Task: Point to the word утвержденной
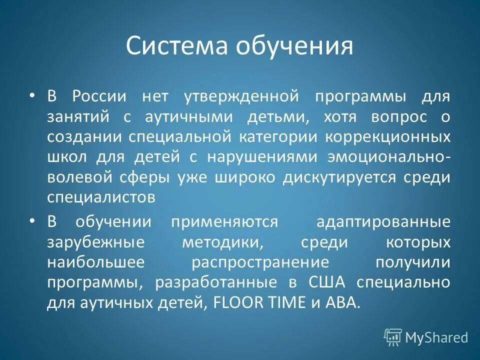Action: coord(236,96)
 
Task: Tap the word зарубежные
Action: coord(96,242)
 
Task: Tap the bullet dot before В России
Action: coord(32,95)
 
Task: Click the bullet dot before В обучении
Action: coord(32,221)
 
